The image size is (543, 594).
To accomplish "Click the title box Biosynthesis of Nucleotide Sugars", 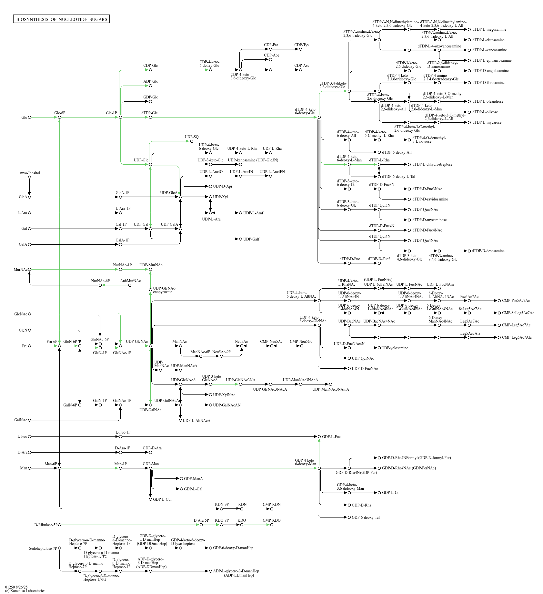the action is (61, 19).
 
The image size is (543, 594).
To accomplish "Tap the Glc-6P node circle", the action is (59, 118).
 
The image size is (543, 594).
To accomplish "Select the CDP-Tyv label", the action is (302, 45).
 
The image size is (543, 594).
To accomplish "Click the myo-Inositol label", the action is (30, 173).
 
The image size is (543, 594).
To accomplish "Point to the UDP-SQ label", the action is (192, 137).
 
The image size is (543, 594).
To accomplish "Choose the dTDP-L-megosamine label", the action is (489, 29).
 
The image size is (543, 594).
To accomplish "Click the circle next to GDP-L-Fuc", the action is (319, 437).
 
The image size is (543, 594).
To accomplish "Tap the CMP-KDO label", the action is (272, 520).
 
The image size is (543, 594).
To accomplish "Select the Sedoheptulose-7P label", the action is (43, 548).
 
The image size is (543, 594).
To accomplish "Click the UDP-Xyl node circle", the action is (210, 197).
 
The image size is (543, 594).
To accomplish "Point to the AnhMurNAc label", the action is (130, 281).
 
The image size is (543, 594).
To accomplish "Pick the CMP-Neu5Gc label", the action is (301, 342).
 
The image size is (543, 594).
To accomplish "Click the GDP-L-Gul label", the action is (162, 499).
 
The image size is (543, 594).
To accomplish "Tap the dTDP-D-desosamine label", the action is (488, 251).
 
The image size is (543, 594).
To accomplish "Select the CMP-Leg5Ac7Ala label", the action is (517, 337).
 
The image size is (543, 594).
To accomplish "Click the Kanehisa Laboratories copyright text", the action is (25, 591).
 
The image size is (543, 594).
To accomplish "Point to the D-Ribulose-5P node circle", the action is (59, 525).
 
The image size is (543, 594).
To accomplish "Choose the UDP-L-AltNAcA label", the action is (196, 421).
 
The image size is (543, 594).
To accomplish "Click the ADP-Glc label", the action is (151, 81).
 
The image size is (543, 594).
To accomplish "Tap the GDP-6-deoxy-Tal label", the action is (366, 517).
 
